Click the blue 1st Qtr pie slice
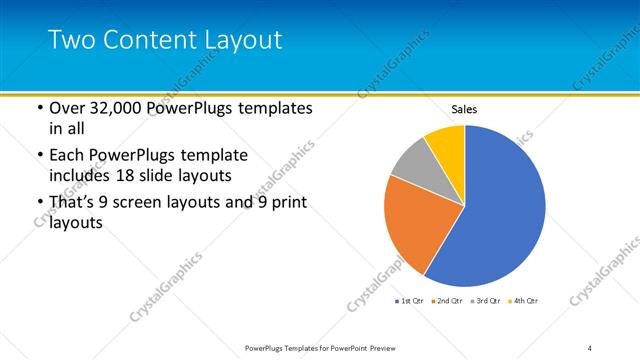500,210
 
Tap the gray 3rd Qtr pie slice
410,165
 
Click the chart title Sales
465,109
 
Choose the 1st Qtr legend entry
411,301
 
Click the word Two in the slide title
70,40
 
